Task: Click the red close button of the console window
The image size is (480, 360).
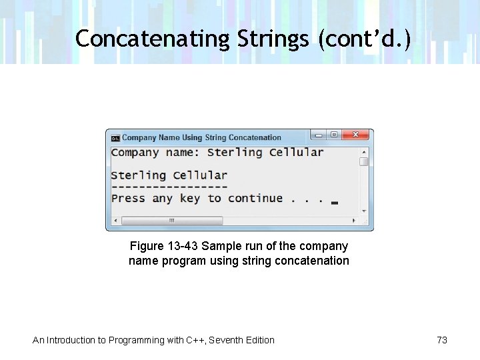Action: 356,135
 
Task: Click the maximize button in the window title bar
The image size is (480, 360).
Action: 333,135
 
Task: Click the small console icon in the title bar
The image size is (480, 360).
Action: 115,138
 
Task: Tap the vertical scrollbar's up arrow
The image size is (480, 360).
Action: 364,151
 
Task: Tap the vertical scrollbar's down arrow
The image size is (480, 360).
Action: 364,211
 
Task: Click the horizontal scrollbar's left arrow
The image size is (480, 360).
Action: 115,221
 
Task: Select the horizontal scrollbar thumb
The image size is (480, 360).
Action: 171,221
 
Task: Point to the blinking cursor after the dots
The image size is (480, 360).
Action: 334,202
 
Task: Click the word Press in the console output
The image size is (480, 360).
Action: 128,198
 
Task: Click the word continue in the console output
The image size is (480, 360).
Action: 255,198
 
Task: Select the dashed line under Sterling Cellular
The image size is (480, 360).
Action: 169,187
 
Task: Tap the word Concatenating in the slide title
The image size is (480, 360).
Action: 153,39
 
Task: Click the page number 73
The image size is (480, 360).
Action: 442,340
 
